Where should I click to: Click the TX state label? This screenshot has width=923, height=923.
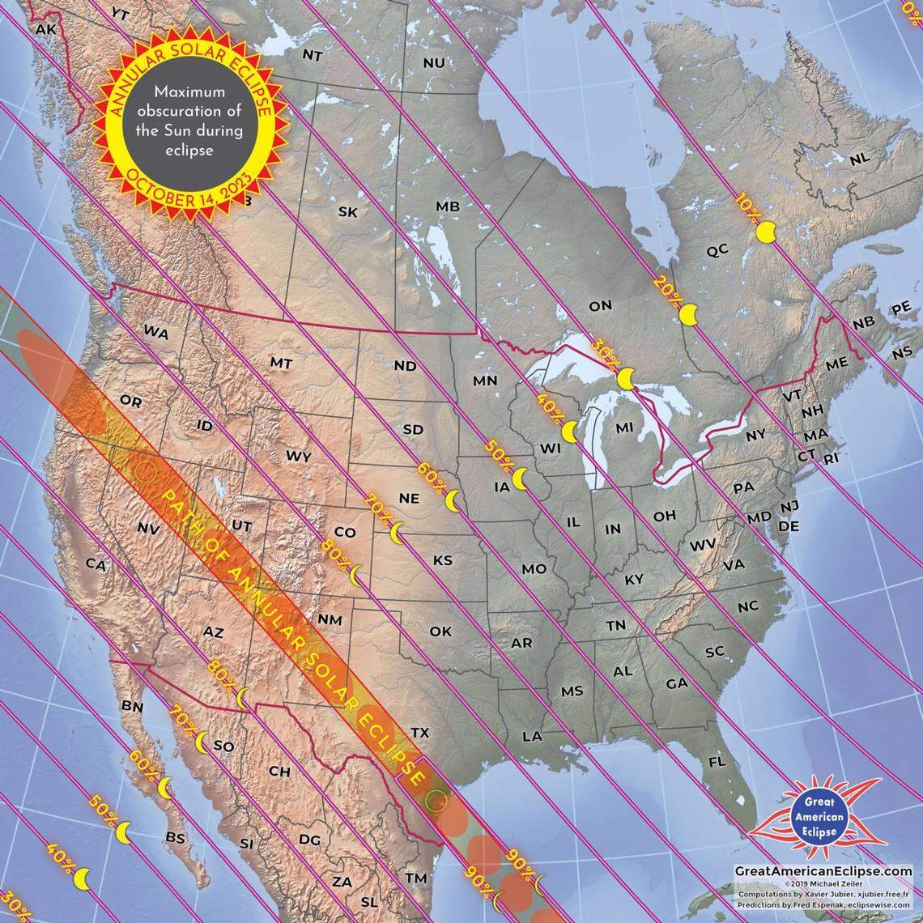(419, 732)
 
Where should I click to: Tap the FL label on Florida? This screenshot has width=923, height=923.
(716, 763)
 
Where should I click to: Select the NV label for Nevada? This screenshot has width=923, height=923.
(147, 528)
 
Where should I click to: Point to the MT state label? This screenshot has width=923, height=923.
(281, 364)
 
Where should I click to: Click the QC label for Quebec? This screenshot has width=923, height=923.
(717, 251)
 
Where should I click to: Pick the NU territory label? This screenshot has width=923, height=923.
(434, 62)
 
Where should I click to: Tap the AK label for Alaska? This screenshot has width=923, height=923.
(45, 28)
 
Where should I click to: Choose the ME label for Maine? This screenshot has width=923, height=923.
(836, 364)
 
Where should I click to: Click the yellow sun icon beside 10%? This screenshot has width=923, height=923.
(766, 233)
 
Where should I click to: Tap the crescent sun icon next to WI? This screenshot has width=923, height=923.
(571, 432)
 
